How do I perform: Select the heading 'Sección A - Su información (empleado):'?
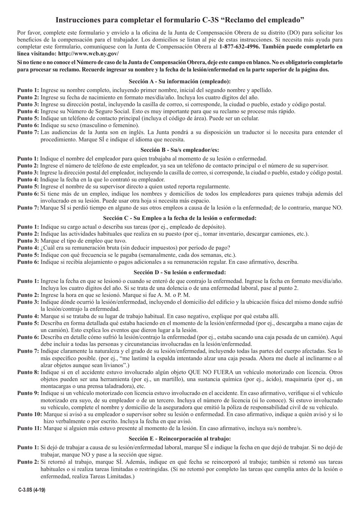coord(180,81)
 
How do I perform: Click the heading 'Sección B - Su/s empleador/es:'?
coord(180,150)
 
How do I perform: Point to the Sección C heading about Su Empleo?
coord(180,218)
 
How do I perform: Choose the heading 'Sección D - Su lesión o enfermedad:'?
coord(180,272)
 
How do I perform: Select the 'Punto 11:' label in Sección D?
coord(30,428)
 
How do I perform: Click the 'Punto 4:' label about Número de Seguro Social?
coord(28,111)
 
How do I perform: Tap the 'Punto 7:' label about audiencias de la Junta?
coord(28,132)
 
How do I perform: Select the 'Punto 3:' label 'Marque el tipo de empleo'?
coord(28,241)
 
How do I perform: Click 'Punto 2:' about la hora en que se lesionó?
coord(28,295)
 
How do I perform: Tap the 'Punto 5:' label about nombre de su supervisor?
coord(28,186)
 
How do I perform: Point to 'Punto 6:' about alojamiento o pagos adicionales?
coord(28,262)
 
